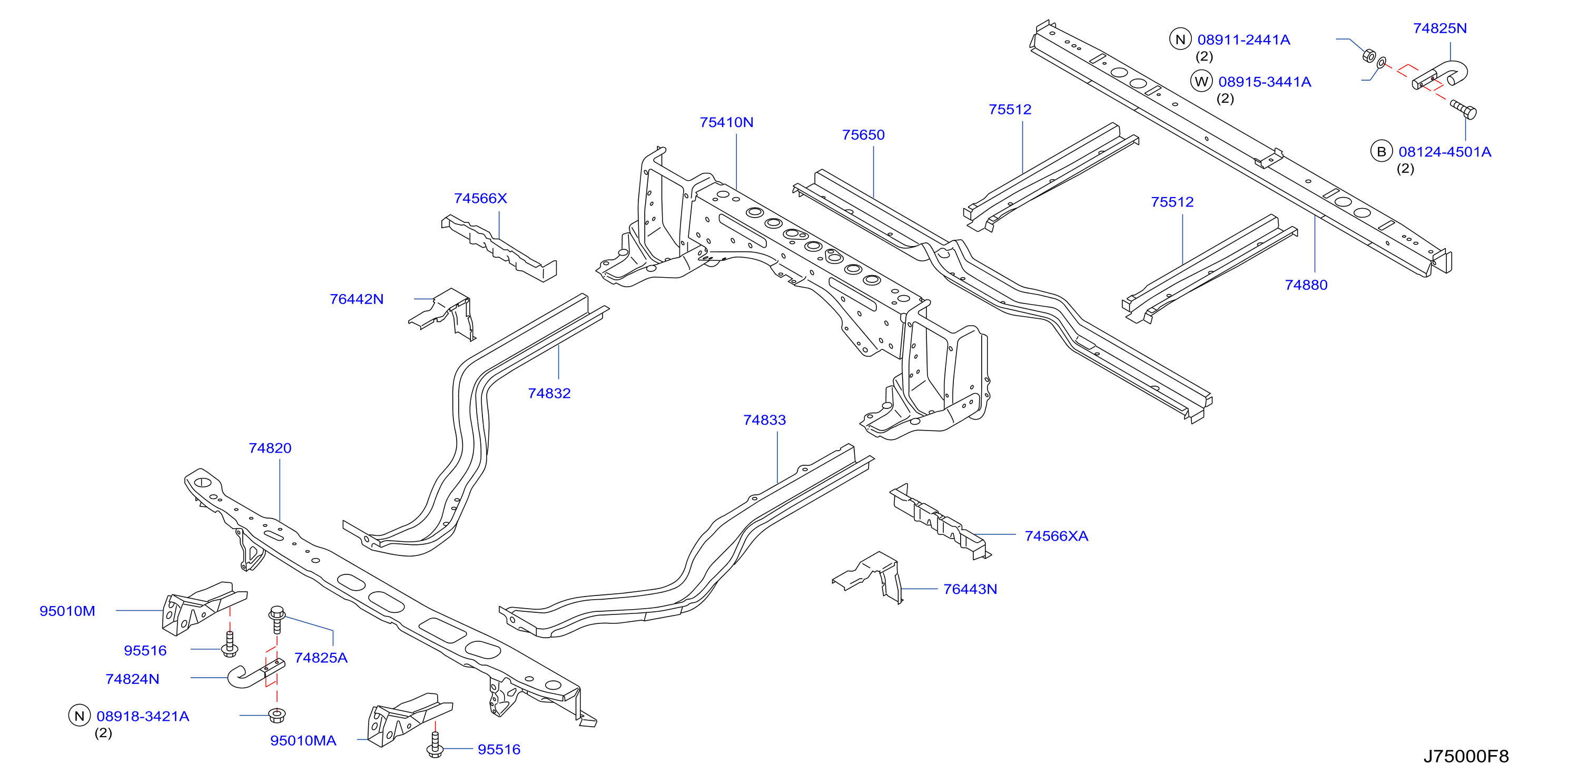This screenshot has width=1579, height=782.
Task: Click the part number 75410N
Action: pos(726,122)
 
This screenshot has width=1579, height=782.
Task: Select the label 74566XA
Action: pos(1056,536)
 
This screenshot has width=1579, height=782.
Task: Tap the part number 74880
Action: pos(1306,285)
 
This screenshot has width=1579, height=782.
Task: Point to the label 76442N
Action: pos(356,299)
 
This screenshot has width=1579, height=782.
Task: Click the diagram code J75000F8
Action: pos(1466,756)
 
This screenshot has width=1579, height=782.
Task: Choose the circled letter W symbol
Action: pos(1201,82)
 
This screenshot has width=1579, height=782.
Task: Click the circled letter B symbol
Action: pos(1381,151)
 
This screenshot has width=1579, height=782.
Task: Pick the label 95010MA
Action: pos(303,740)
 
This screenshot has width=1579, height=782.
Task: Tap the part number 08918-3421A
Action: pos(143,716)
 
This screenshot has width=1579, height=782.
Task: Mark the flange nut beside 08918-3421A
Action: pos(277,715)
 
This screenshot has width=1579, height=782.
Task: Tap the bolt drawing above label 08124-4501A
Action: pos(1463,109)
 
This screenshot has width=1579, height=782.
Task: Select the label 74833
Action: pos(764,420)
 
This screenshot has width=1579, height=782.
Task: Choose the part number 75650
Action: pos(863,135)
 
